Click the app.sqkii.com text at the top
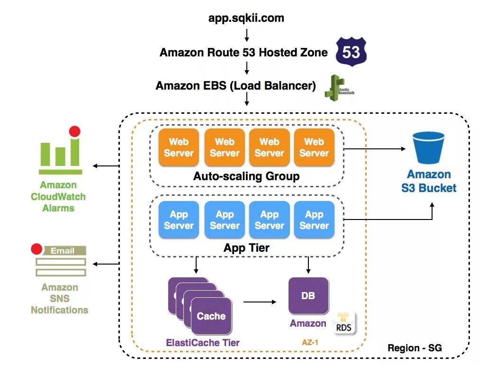[246, 18]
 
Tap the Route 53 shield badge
[351, 52]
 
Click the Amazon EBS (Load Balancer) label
[235, 86]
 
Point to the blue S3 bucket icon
[428, 147]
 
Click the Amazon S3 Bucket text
[429, 181]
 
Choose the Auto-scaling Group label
[246, 177]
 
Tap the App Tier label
[246, 248]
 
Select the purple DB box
[308, 296]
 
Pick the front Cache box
[211, 316]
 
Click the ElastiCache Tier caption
[203, 342]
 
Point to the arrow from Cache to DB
[260, 302]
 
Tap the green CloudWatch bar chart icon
[60, 151]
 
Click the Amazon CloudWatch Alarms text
[59, 196]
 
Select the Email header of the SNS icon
[62, 251]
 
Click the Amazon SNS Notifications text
[60, 299]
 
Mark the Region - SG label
[415, 348]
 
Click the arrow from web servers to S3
[374, 149]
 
